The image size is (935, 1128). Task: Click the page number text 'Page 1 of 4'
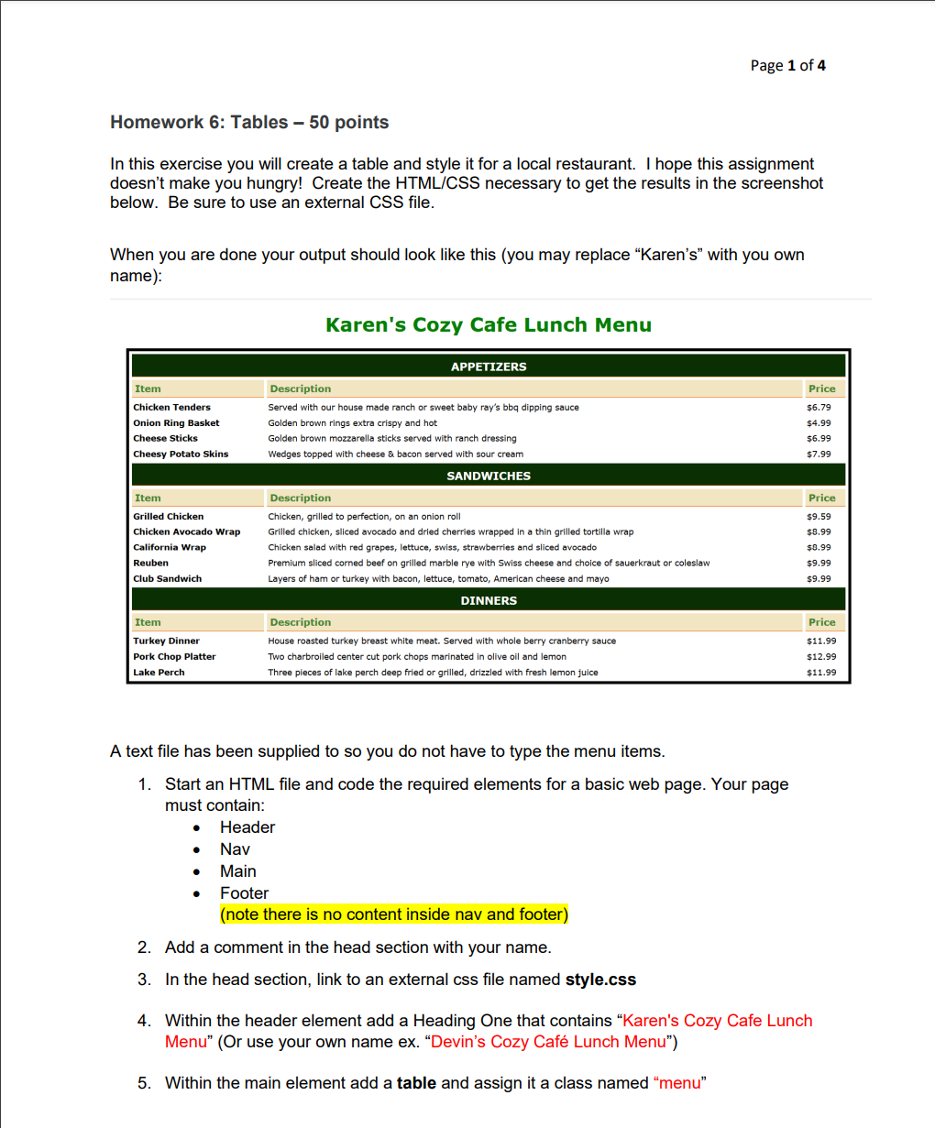(x=787, y=65)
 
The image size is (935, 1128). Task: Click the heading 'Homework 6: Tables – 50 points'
(x=249, y=123)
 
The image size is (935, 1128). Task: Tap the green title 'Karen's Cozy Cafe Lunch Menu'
(x=489, y=325)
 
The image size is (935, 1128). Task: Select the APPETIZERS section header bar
(x=489, y=367)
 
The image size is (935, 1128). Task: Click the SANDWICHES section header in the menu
(x=489, y=476)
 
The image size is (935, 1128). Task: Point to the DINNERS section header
(x=489, y=600)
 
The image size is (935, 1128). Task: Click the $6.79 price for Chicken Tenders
(x=819, y=408)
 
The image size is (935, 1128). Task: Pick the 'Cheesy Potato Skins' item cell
(x=181, y=454)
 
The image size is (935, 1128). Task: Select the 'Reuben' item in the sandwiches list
(x=151, y=563)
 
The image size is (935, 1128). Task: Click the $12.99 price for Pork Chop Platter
(x=820, y=656)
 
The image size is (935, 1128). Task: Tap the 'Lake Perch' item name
(x=159, y=672)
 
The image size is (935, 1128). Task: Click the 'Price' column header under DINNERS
(x=821, y=622)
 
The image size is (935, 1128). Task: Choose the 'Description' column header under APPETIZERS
(x=301, y=389)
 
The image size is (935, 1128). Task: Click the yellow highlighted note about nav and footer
(x=394, y=914)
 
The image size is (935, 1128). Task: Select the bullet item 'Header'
(x=247, y=827)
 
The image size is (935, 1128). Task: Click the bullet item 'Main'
(x=238, y=871)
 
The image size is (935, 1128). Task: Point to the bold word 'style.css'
(x=600, y=980)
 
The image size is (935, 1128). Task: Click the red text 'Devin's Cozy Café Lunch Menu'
(x=547, y=1042)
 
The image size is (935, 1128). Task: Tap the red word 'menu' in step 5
(x=679, y=1083)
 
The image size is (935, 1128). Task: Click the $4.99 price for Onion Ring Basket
(x=819, y=423)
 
